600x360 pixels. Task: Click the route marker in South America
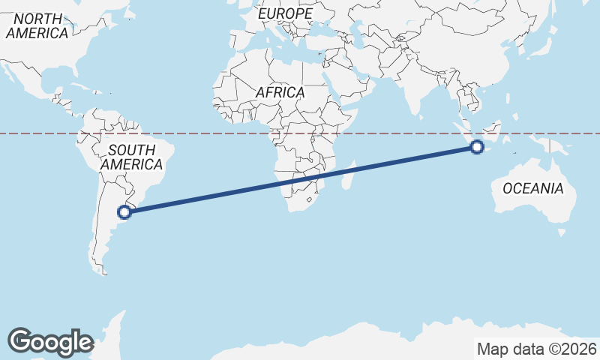coord(125,211)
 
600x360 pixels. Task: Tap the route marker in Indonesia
coord(477,147)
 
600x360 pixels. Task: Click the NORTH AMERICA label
coord(37,26)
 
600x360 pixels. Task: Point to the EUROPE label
coord(284,14)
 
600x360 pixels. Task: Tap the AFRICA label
coord(280,93)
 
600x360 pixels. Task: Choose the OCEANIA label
coord(532,188)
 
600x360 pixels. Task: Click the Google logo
coord(50,341)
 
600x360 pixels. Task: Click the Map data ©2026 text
coord(536,349)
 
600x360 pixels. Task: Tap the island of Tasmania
coord(562,232)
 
